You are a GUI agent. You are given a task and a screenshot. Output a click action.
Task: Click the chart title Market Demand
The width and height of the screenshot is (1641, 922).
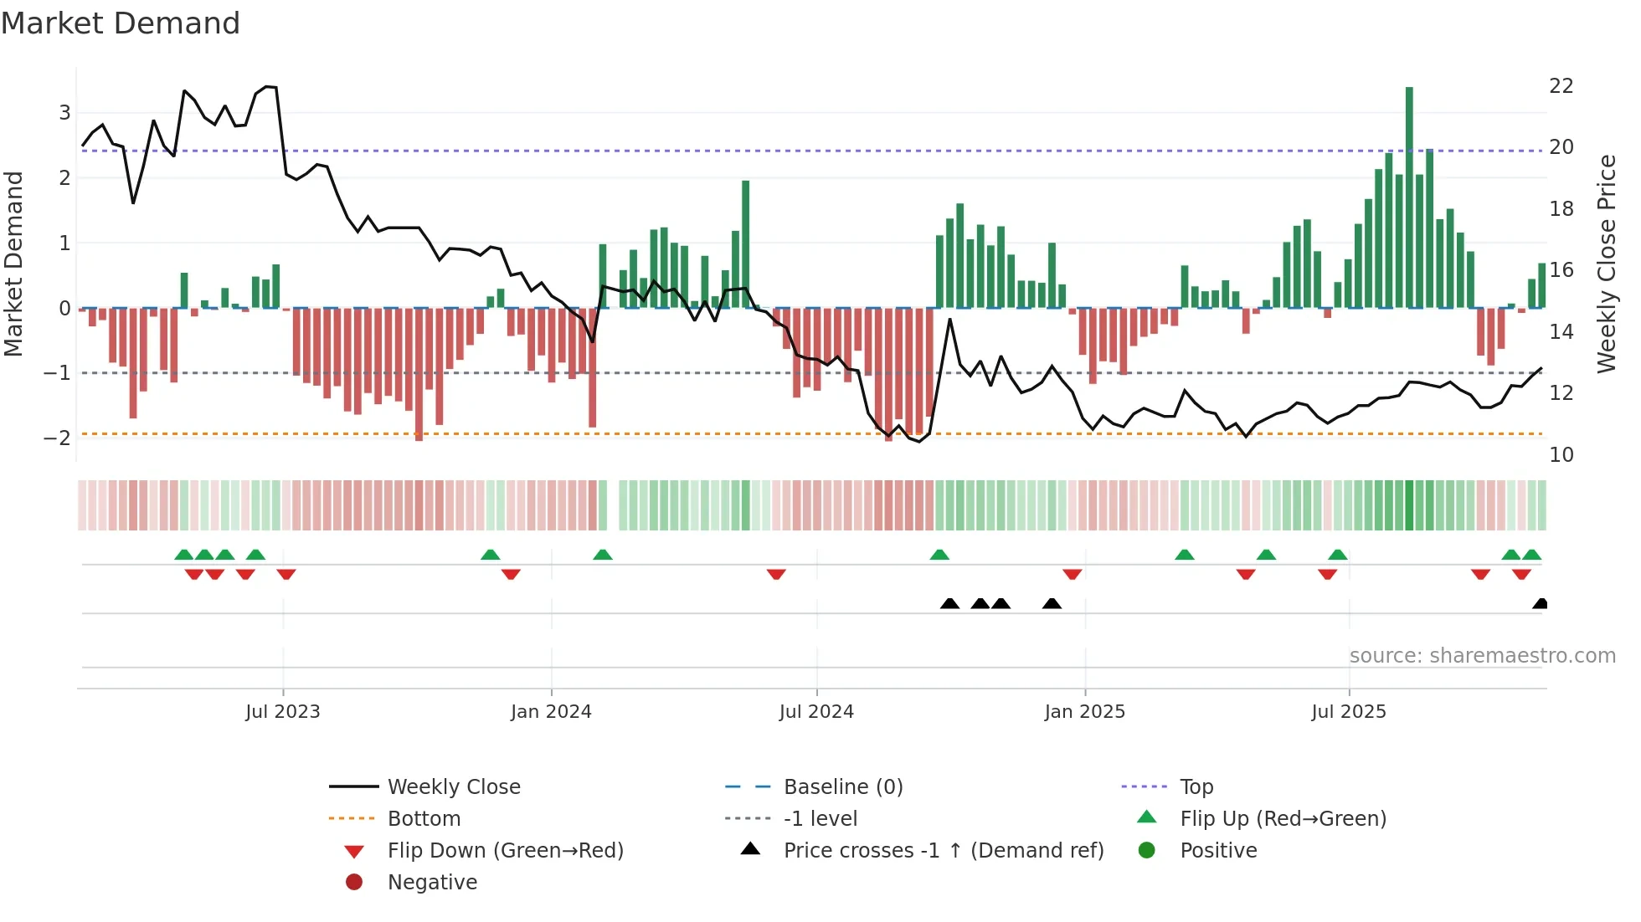121,23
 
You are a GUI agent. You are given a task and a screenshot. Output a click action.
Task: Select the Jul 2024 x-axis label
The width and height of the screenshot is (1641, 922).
816,712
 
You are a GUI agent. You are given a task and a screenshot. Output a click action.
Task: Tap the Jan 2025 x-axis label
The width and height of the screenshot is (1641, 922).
1084,712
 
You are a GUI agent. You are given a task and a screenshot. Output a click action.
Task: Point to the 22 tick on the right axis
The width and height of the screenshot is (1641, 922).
1561,86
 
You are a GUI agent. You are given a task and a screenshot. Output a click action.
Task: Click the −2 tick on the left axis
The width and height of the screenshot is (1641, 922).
58,438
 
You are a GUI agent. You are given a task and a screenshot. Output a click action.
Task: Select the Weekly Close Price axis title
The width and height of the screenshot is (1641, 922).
1606,264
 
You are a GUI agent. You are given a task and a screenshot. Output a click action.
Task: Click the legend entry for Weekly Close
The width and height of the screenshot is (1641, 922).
454,787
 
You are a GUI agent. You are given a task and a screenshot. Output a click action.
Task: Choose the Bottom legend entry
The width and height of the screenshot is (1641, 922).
424,819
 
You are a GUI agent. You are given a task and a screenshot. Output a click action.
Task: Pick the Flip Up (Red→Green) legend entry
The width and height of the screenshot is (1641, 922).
1283,819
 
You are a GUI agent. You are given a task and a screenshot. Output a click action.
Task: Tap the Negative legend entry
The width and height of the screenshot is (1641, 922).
432,883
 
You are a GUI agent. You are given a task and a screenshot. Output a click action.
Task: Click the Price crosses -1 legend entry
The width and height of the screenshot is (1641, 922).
944,851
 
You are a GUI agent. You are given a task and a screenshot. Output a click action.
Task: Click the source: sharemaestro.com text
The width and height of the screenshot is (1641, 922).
1482,656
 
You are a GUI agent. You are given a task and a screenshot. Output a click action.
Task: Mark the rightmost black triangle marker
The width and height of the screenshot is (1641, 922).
1540,604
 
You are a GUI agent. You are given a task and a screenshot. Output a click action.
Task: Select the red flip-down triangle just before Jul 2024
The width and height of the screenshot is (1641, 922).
776,574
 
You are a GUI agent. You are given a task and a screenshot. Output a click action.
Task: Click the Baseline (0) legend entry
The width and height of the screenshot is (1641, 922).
843,787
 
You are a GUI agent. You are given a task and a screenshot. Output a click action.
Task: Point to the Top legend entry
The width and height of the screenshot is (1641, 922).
1196,787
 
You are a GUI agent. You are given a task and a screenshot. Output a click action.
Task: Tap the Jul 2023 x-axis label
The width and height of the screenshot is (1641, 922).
283,712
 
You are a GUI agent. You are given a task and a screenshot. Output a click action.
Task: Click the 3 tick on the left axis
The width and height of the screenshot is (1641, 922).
64,113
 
